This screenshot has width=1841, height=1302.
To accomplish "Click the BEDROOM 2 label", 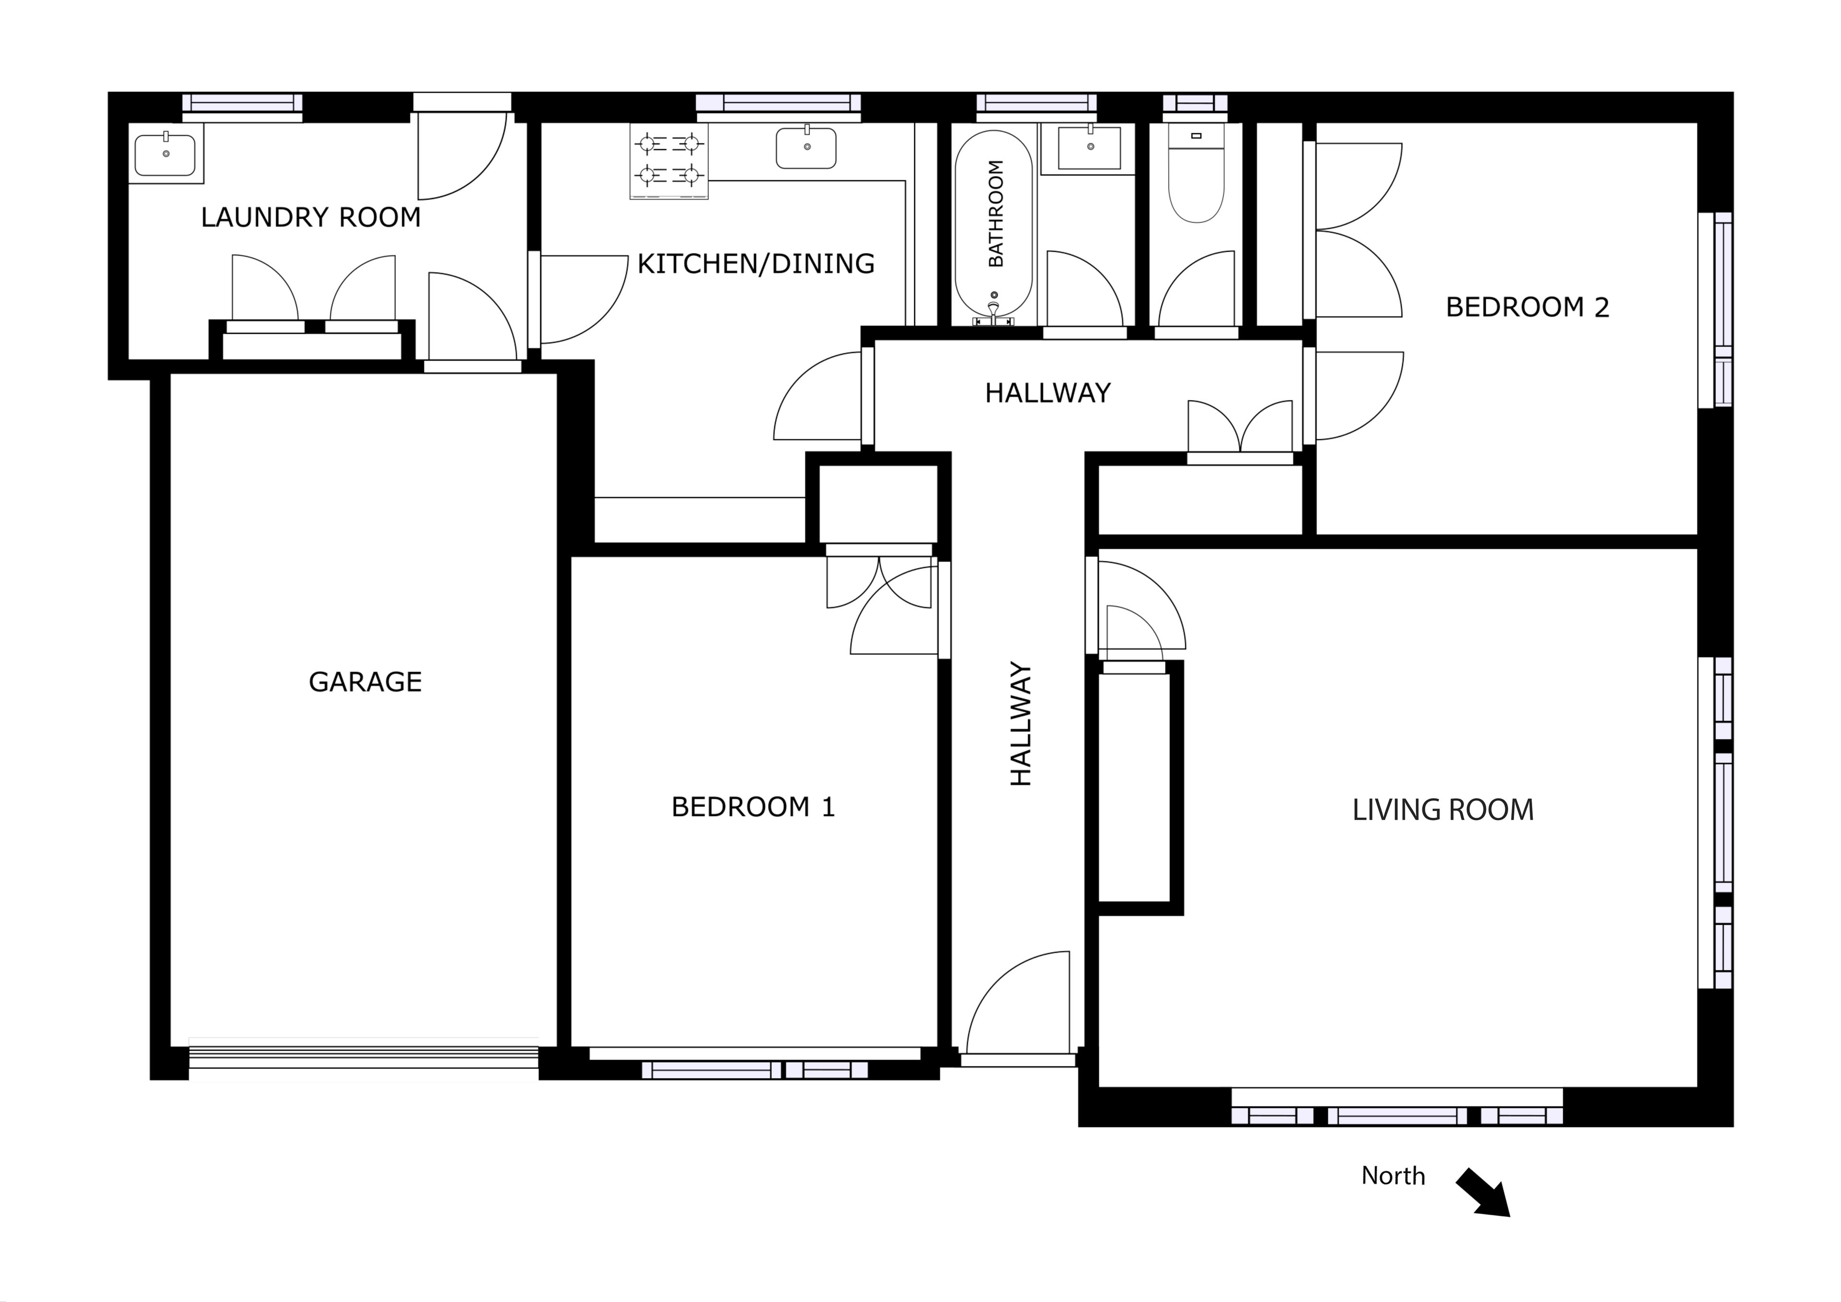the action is pyautogui.click(x=1527, y=307).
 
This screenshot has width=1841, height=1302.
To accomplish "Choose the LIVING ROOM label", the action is pyautogui.click(x=1443, y=810).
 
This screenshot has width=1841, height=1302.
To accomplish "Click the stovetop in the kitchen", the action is pyautogui.click(x=669, y=161).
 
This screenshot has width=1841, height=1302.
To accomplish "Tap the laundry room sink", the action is pyautogui.click(x=165, y=153).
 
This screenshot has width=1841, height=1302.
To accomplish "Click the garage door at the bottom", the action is pyautogui.click(x=363, y=1059).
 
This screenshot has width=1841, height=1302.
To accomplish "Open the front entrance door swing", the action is pyautogui.click(x=1018, y=1003).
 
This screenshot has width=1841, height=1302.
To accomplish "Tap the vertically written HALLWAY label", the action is pyautogui.click(x=1021, y=724).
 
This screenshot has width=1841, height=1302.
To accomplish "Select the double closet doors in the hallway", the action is pyautogui.click(x=1240, y=427).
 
